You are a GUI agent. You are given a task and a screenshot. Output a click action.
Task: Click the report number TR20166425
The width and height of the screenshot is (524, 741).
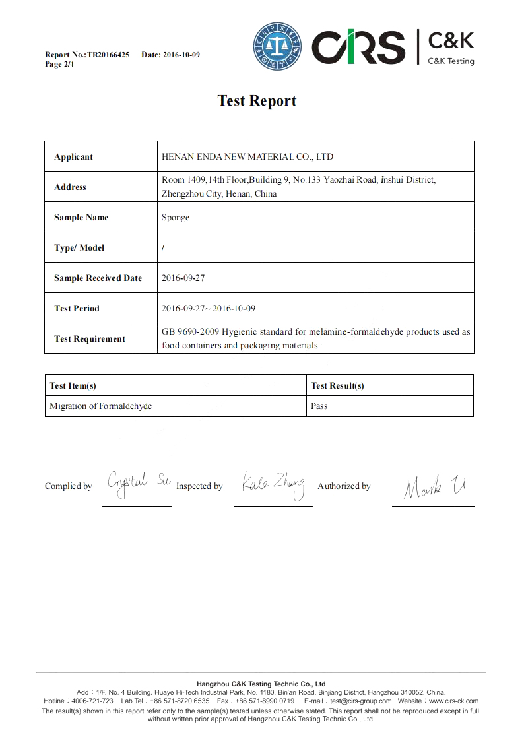[108, 55]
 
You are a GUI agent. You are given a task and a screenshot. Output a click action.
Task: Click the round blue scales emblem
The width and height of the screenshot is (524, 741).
[277, 46]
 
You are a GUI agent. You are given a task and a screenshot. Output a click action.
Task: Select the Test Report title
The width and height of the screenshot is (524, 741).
[257, 100]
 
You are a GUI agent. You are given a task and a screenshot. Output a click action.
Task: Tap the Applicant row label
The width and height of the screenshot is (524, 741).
[73, 157]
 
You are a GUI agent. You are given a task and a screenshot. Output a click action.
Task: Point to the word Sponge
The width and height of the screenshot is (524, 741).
[176, 218]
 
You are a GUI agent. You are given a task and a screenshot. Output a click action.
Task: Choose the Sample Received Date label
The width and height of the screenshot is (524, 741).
[98, 278]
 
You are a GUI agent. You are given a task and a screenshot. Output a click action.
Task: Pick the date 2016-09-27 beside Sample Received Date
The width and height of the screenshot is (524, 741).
[183, 278]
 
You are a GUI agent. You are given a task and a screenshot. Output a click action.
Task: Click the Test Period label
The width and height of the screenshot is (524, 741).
[77, 309]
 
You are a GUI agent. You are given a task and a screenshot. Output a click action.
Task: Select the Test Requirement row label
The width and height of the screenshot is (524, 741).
[89, 339]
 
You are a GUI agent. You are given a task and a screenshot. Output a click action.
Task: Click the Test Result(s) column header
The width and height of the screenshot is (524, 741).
[337, 386]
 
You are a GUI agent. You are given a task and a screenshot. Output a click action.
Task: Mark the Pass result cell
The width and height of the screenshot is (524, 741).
[319, 406]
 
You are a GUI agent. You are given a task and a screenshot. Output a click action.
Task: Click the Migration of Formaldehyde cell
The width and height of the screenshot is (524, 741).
[100, 406]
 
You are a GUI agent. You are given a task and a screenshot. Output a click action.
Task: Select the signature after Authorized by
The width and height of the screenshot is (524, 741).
[434, 486]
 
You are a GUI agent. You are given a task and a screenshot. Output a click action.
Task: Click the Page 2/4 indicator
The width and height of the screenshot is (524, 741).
[59, 64]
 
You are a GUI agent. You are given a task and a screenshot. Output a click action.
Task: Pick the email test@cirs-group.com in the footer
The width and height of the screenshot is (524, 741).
[361, 701]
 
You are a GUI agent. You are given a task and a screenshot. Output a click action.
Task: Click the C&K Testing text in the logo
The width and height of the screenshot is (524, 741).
[451, 61]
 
